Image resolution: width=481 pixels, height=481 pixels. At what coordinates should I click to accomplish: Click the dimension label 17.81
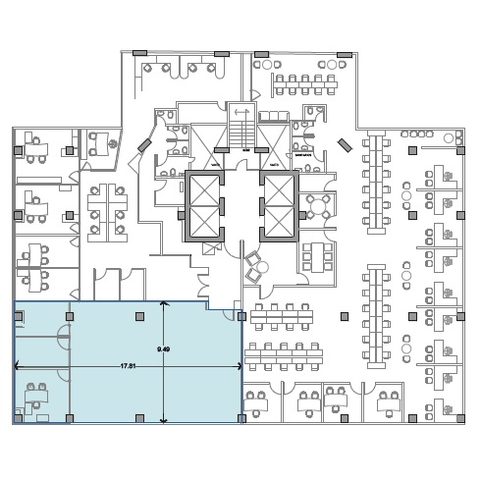pyautogui.click(x=128, y=366)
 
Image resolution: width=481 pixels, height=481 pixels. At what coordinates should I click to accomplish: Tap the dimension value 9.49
pyautogui.click(x=163, y=349)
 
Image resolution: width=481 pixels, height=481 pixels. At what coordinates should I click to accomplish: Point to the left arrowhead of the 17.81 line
pyautogui.click(x=18, y=366)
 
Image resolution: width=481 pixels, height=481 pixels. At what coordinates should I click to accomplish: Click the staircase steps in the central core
pyautogui.click(x=241, y=134)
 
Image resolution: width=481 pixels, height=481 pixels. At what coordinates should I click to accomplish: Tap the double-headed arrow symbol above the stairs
pyautogui.click(x=241, y=112)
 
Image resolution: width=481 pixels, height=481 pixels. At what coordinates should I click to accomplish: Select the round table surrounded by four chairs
pyautogui.click(x=318, y=206)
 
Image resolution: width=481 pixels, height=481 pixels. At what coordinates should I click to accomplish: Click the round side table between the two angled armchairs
pyautogui.click(x=262, y=267)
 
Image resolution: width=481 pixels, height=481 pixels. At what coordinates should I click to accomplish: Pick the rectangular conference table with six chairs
pyautogui.click(x=317, y=257)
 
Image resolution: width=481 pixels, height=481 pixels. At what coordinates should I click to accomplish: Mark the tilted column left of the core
pyautogui.click(x=144, y=145)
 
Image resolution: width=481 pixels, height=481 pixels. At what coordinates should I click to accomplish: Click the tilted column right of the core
pyautogui.click(x=345, y=145)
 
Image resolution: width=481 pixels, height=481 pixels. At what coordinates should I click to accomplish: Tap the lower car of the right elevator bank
pyautogui.click(x=279, y=222)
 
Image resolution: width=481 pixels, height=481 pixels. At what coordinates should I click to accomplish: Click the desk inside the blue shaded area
pyautogui.click(x=37, y=397)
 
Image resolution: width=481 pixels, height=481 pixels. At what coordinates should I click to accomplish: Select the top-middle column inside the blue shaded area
pyautogui.click(x=140, y=316)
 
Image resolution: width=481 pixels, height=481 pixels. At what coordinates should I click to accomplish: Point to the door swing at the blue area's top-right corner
pyautogui.click(x=228, y=314)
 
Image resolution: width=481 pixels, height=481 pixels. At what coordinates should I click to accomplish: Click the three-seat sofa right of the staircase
pyautogui.click(x=274, y=117)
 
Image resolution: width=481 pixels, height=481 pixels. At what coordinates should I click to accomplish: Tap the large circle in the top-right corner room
pyautogui.click(x=449, y=138)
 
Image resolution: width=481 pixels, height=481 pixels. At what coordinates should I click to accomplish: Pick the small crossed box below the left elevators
pyautogui.click(x=208, y=248)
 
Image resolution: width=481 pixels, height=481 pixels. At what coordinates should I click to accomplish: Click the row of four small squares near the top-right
pyautogui.click(x=417, y=134)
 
